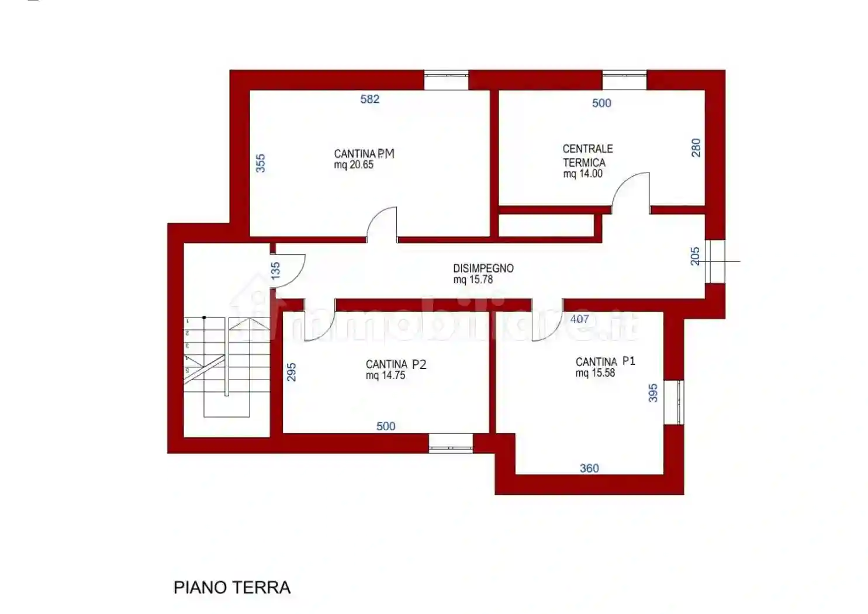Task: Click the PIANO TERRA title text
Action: coord(232,587)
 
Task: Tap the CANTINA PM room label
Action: coord(364,153)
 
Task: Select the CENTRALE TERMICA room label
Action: coord(587,156)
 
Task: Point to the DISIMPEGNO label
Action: coord(483,268)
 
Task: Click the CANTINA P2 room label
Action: coord(396,364)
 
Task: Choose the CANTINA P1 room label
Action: coord(605,361)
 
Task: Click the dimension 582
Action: coord(369,99)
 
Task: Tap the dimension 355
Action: coord(261,163)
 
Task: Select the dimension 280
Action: coord(696,147)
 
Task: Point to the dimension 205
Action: coord(694,256)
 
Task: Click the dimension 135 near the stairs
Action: coord(275,270)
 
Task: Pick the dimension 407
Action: coord(579,319)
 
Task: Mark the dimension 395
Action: coord(653,392)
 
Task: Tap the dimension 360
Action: coord(589,468)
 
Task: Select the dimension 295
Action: coord(291,372)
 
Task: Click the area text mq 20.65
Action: coord(354,165)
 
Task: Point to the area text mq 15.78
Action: coord(473,280)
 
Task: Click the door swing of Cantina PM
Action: coord(383,223)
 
